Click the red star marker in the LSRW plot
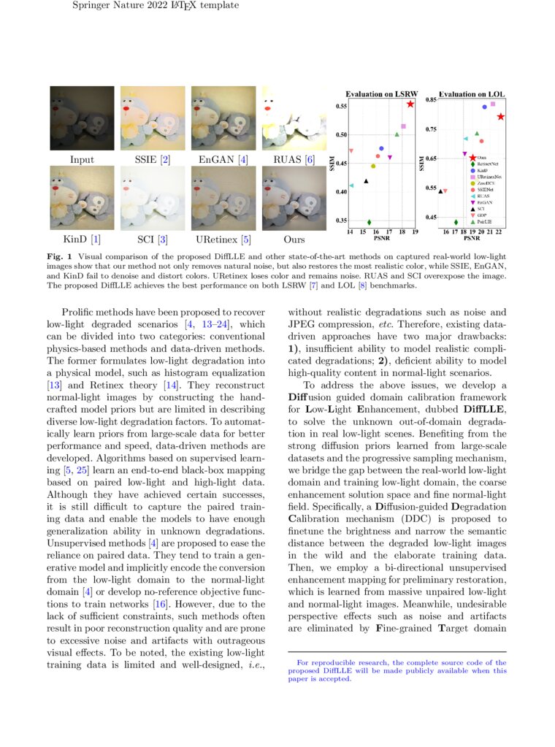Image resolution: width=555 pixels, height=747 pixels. (x=410, y=104)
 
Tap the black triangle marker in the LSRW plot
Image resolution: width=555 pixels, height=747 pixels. (x=366, y=181)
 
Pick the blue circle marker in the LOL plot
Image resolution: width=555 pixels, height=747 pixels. (x=483, y=107)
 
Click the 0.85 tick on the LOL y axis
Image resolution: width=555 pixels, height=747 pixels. (x=432, y=99)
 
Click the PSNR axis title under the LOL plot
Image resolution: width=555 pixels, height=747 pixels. (x=472, y=237)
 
